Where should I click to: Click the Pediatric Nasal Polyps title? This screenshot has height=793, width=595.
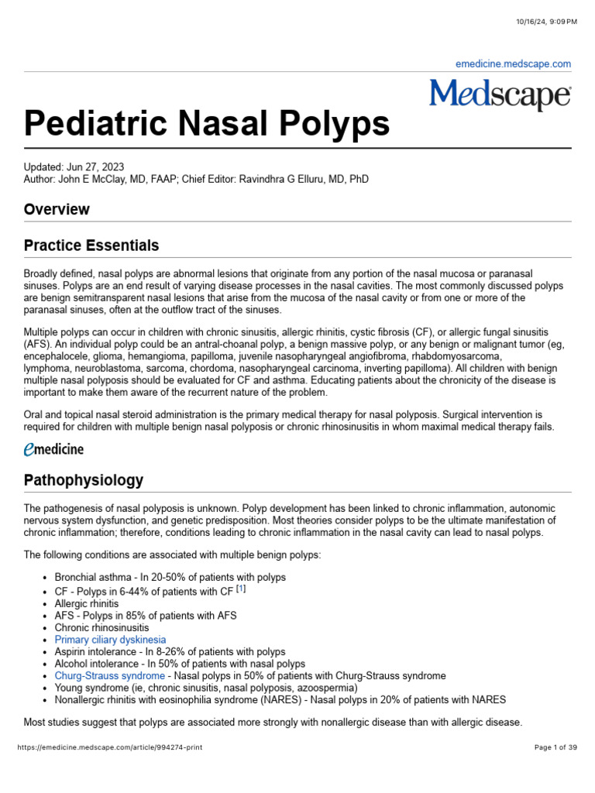(x=207, y=124)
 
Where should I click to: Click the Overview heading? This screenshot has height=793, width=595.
(x=57, y=209)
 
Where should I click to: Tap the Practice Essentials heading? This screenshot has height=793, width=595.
(x=91, y=245)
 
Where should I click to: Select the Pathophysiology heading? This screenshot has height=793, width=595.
(x=84, y=480)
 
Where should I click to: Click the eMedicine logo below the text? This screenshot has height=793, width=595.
(x=53, y=448)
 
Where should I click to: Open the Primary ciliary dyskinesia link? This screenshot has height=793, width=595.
(x=110, y=640)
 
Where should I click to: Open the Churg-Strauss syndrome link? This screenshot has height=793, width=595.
(x=109, y=676)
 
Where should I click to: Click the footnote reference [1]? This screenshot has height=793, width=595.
(x=241, y=589)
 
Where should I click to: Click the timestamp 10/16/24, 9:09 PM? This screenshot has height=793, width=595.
(x=546, y=21)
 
